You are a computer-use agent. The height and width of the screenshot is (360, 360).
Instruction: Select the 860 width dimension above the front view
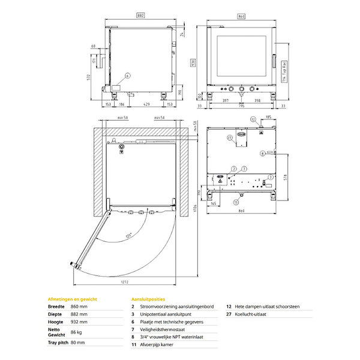tap(241, 17)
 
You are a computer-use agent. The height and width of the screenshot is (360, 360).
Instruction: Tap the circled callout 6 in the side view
tap(128, 76)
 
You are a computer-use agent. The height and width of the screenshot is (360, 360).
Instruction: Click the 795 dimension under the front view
tap(241, 107)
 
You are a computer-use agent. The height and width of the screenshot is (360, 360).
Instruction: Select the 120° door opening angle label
tap(128, 236)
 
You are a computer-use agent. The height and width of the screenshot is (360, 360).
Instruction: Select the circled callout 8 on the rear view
tap(262, 154)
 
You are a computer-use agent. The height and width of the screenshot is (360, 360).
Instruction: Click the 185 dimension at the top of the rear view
tap(268, 117)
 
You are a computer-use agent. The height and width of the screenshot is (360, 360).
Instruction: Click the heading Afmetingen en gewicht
tap(72, 298)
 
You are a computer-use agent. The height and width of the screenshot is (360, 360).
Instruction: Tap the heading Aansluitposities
tap(148, 298)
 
